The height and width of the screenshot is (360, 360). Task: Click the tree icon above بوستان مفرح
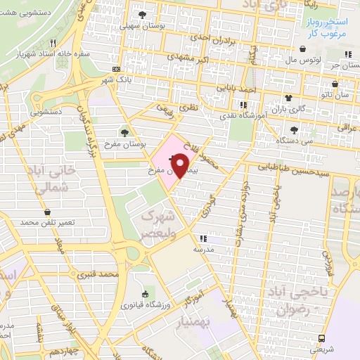tap(124, 132)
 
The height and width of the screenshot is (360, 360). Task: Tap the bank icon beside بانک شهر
tap(116, 69)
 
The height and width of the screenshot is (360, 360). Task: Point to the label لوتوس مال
tap(303, 60)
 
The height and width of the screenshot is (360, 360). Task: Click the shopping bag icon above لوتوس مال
tap(303, 49)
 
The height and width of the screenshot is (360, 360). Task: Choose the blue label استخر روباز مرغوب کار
tap(333, 27)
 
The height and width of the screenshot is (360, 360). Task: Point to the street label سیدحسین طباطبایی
tap(288, 167)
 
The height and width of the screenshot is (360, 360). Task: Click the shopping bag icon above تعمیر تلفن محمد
tap(47, 212)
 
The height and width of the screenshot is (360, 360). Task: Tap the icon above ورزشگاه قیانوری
tap(145, 295)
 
